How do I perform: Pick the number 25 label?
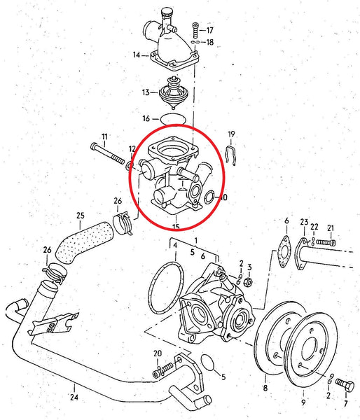click(80, 215)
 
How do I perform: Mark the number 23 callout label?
click(303, 222)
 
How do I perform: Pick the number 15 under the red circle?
click(175, 227)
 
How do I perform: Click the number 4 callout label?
click(175, 244)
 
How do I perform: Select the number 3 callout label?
click(249, 266)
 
